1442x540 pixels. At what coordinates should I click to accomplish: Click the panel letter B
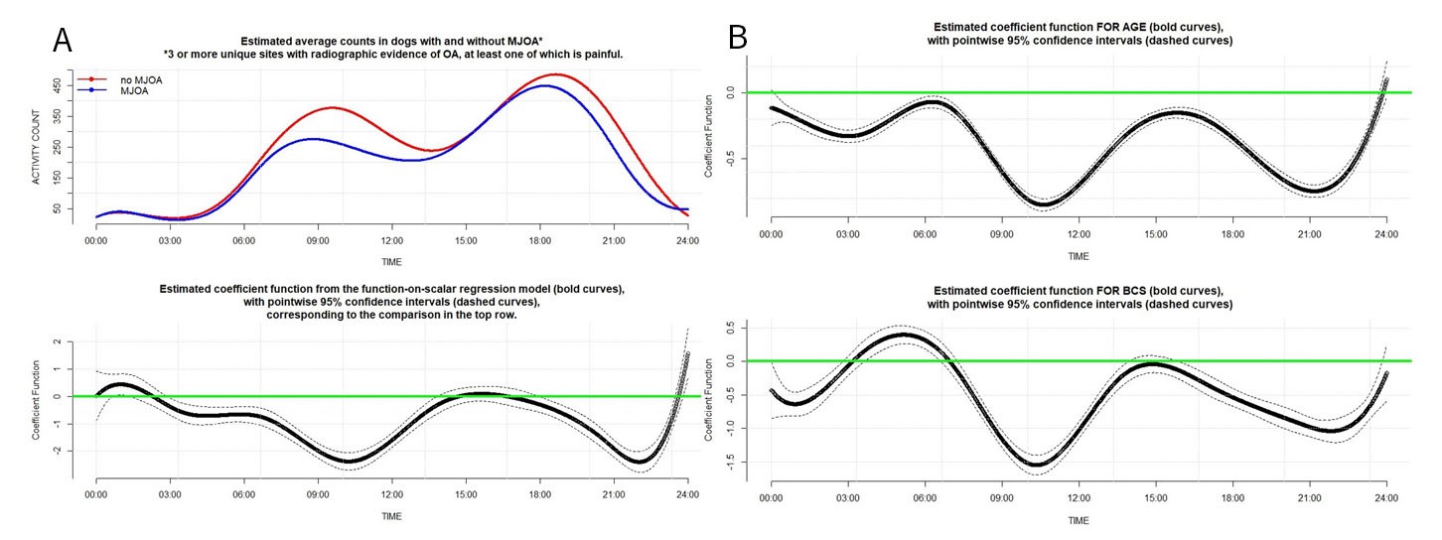738,38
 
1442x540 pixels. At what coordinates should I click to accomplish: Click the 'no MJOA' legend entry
122,78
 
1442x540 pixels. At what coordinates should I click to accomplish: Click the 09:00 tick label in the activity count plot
318,240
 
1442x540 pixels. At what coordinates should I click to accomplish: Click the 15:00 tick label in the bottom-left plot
466,493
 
